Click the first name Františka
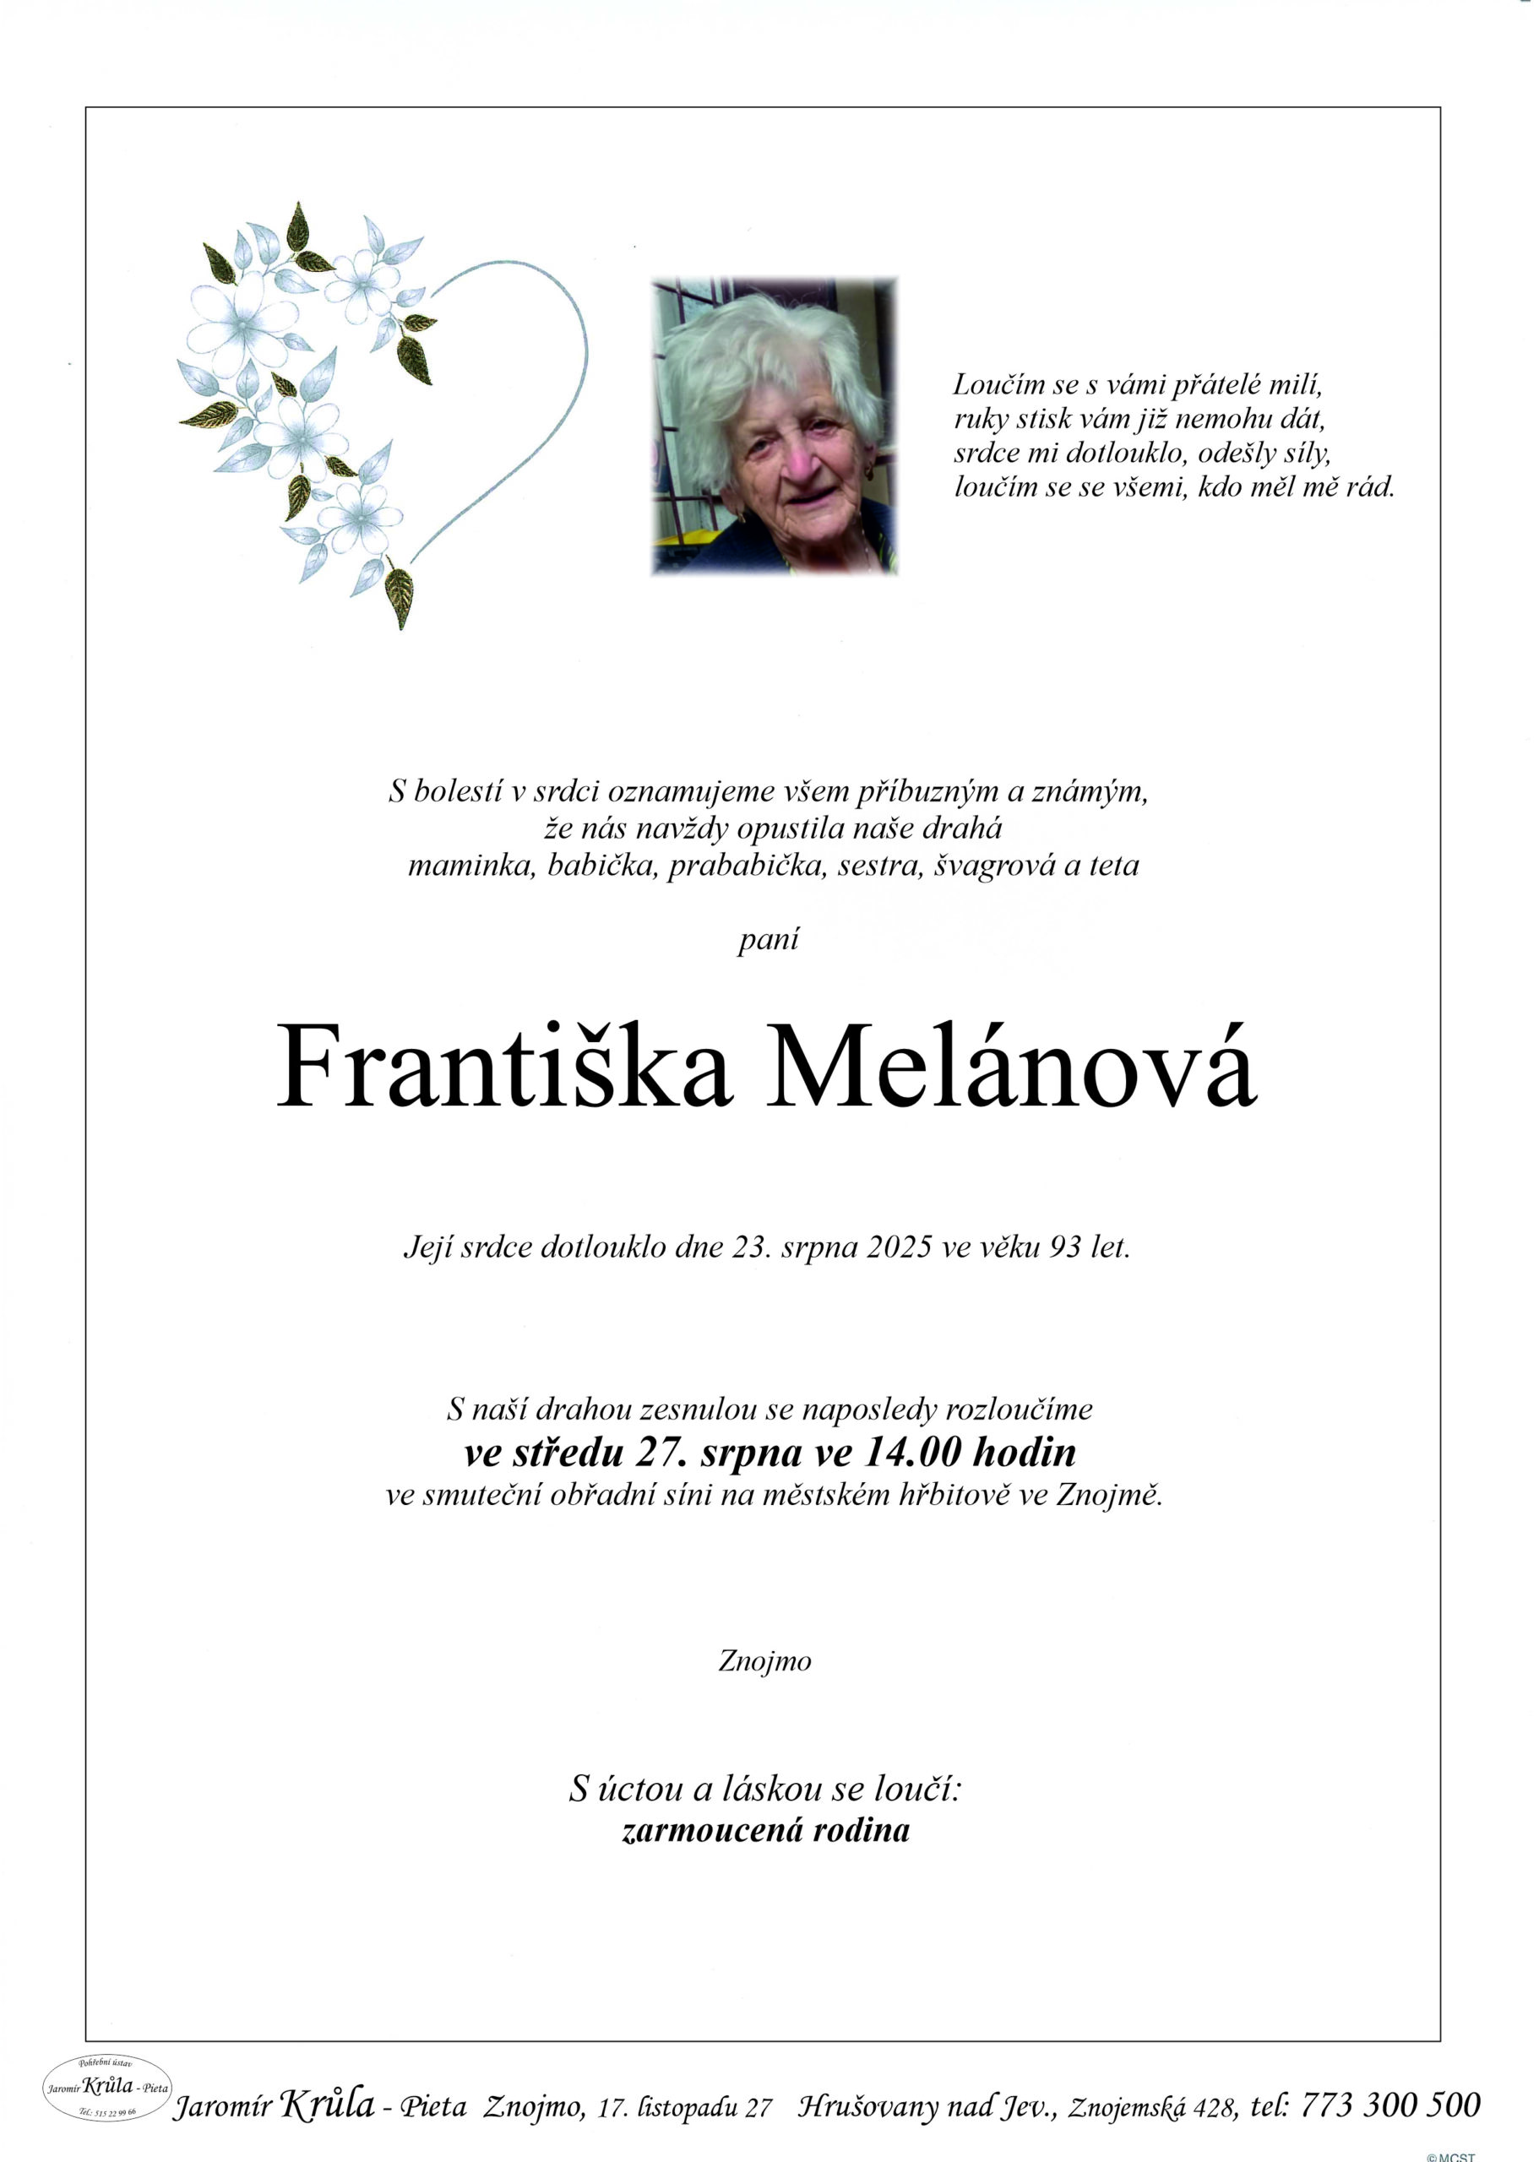point(503,1067)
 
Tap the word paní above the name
point(769,939)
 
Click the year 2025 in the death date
point(900,1247)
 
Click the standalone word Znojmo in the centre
point(764,1661)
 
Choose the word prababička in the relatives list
point(748,865)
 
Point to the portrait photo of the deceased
point(775,426)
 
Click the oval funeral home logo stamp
point(107,2087)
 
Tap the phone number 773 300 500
point(1390,2105)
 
